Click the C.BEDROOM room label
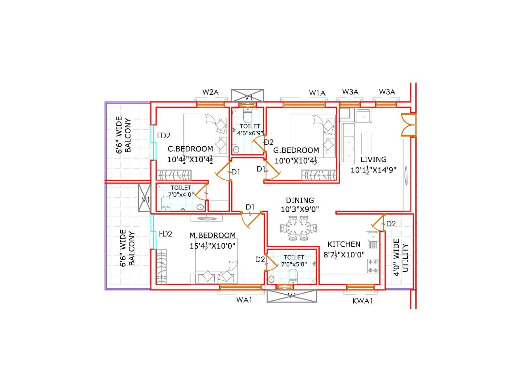coord(190,149)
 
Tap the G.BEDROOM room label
coord(296,150)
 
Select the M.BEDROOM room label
coord(212,235)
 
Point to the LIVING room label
coord(373,159)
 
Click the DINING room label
coord(300,200)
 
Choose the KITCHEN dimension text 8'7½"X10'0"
coord(344,254)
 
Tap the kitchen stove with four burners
coord(373,266)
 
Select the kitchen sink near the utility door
coord(372,237)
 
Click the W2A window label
coord(210,92)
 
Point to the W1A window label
coord(317,93)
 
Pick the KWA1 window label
coord(362,301)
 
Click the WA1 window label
coord(244,300)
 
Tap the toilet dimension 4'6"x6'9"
coord(250,133)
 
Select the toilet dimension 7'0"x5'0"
coord(294,264)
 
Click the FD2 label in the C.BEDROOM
coord(163,136)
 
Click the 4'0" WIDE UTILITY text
coord(401,257)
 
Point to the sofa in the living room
coord(348,143)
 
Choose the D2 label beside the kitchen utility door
coord(391,224)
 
